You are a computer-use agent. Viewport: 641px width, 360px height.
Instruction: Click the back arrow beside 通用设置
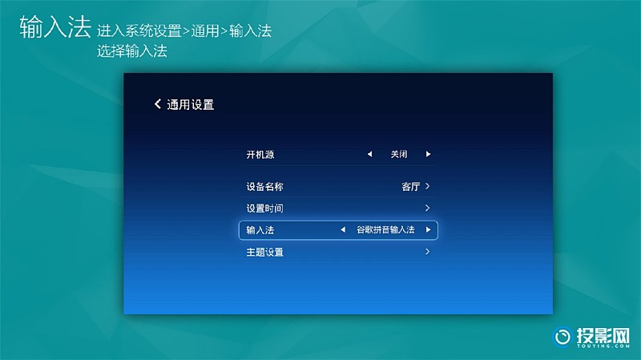pos(157,104)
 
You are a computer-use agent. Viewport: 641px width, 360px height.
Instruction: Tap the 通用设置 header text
pos(191,105)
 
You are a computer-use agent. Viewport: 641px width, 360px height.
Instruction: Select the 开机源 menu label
pos(260,155)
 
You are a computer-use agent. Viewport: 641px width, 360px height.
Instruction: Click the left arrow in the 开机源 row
pos(369,154)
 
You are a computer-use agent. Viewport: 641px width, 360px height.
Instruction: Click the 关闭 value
pos(398,154)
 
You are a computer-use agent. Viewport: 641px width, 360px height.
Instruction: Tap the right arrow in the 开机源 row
pos(428,154)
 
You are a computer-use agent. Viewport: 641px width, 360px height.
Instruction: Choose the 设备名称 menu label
pos(265,187)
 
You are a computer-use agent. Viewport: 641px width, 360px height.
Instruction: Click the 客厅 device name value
pos(411,187)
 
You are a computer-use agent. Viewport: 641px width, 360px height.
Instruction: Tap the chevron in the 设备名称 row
pos(427,186)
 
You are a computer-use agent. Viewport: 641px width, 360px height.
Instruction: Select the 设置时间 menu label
pos(265,208)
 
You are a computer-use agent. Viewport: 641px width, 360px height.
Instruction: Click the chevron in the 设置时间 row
pos(427,208)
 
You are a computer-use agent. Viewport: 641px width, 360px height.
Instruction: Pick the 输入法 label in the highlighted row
pos(260,230)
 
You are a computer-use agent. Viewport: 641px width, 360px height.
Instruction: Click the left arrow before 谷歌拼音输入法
pos(343,230)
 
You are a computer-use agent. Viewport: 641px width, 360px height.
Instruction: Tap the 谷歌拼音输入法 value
pos(385,230)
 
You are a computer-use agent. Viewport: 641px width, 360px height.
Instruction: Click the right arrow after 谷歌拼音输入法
pos(428,230)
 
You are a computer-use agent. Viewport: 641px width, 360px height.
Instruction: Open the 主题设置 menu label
pos(265,252)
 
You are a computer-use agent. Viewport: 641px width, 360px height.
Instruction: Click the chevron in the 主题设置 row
pos(427,252)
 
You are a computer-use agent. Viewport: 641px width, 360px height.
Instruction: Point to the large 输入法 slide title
pos(55,27)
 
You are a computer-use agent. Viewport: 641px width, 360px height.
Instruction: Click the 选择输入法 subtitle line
pos(132,51)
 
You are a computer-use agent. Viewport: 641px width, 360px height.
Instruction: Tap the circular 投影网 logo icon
pos(562,337)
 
